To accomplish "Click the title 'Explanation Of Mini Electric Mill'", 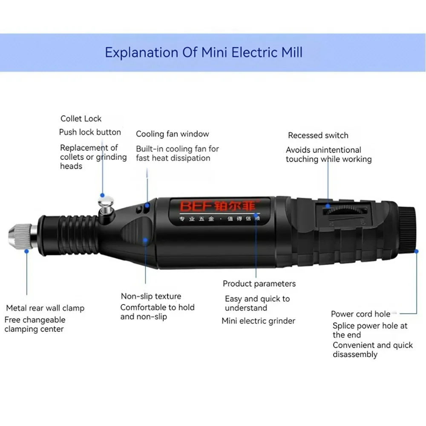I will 204,52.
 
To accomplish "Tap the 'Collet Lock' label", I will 81,119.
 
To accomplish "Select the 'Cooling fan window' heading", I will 173,134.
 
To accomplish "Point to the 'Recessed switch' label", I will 318,135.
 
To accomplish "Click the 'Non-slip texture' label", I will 151,296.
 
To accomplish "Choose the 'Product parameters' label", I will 259,283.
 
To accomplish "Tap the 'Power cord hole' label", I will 360,314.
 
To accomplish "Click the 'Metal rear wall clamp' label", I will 45,308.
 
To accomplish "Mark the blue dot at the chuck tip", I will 26,251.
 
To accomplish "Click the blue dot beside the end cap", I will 417,252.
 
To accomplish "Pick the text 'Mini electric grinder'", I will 258,321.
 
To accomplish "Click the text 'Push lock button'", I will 90,132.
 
